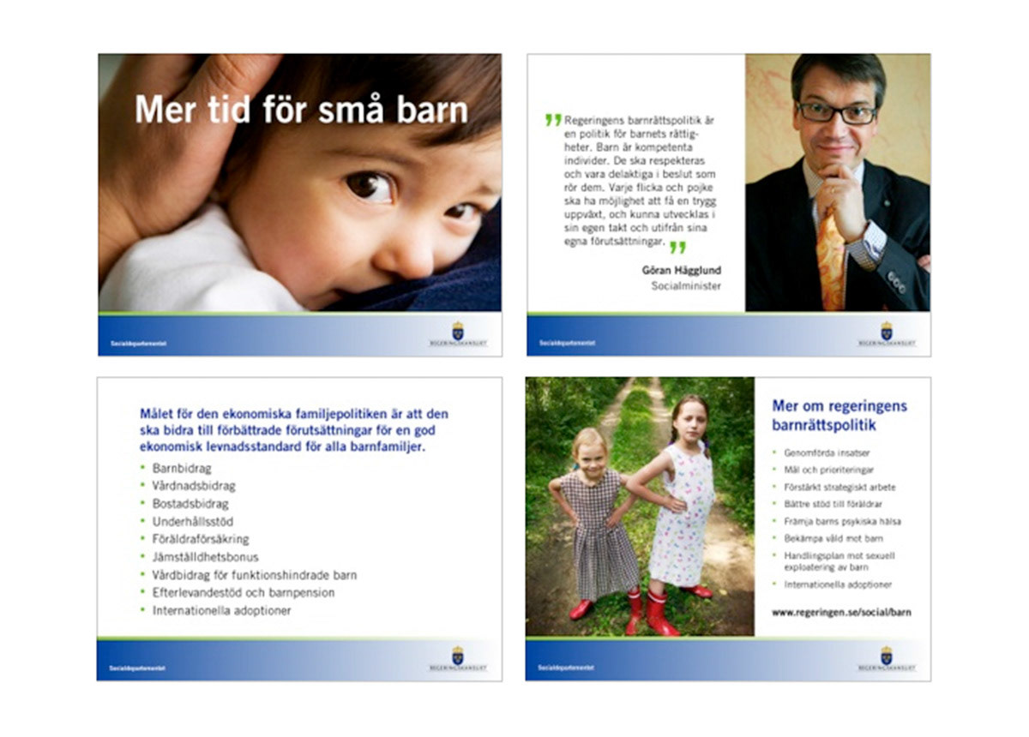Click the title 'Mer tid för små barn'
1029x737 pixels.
point(301,110)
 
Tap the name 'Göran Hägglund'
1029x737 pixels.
point(681,270)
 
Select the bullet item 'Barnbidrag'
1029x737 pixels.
point(182,469)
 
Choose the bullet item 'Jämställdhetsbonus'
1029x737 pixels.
point(205,557)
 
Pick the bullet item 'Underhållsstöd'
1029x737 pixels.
point(193,521)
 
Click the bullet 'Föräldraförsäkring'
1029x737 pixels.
point(201,539)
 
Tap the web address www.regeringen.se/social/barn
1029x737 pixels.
point(841,613)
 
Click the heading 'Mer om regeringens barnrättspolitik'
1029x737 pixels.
point(839,415)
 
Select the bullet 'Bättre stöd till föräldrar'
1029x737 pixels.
point(833,504)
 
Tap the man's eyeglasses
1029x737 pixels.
point(836,113)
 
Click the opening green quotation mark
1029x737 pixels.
point(553,120)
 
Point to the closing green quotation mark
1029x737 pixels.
point(677,248)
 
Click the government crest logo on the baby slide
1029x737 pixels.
point(458,331)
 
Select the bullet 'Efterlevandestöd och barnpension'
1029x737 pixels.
point(244,593)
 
